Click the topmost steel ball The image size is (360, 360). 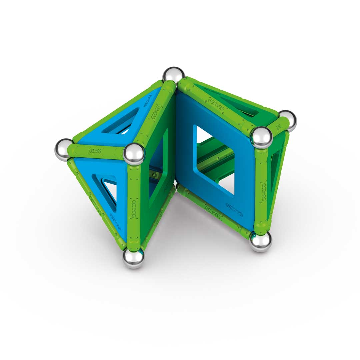point(173,75)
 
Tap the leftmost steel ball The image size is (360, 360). point(64,149)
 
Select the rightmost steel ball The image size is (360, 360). point(287,120)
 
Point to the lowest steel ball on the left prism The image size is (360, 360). point(134,258)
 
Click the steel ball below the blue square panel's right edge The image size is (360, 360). point(261,241)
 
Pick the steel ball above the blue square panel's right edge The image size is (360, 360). point(261,137)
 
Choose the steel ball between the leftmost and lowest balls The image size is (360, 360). point(134,154)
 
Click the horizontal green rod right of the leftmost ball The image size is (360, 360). point(98,152)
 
